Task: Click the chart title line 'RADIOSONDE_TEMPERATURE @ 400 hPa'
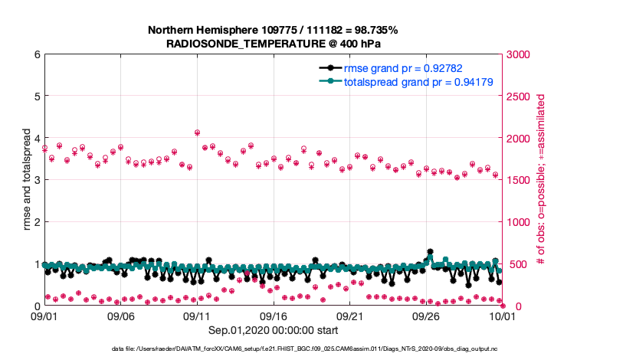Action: [x=273, y=44]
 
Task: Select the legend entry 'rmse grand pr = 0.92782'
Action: [x=396, y=67]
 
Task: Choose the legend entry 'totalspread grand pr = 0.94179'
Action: [x=405, y=81]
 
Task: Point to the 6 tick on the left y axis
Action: [x=36, y=55]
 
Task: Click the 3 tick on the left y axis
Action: [x=36, y=181]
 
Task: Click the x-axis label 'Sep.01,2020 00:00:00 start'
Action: [x=274, y=330]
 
